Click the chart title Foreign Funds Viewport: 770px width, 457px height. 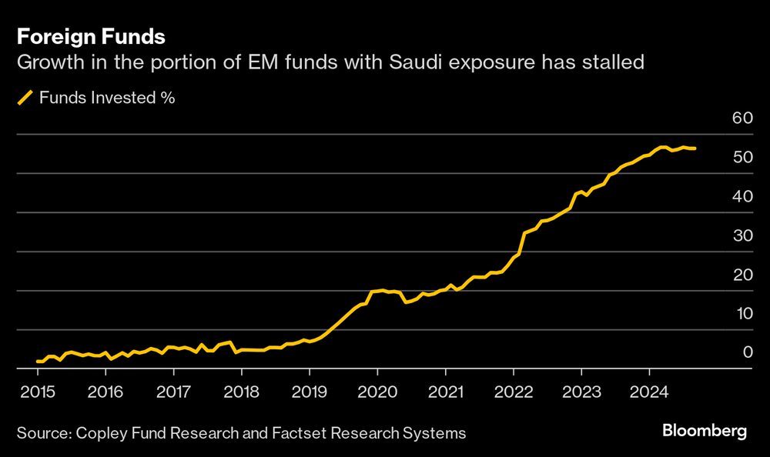(91, 36)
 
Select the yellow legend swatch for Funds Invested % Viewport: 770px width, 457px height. (25, 98)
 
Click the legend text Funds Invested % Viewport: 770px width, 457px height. (107, 98)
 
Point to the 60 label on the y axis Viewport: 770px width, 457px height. (742, 118)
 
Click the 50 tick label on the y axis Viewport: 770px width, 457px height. (742, 157)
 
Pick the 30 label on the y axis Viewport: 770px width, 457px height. (742, 235)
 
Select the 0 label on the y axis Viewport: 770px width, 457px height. (745, 352)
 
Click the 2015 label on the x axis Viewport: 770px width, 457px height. (38, 391)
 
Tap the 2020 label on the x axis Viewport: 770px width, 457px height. (377, 391)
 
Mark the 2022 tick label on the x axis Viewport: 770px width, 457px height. (513, 391)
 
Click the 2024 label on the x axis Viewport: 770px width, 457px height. (648, 391)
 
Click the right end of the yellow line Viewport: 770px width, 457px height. (695, 148)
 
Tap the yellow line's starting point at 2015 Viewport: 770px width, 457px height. (37, 361)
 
